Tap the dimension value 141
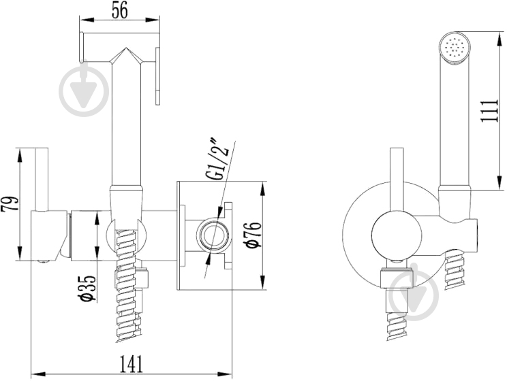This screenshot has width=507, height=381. point(132,364)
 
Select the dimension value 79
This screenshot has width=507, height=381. point(9,203)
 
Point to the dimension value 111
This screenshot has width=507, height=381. point(489,111)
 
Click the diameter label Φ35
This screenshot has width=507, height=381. point(89,288)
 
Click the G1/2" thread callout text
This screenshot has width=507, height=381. point(219,159)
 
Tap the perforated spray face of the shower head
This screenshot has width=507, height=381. point(456,48)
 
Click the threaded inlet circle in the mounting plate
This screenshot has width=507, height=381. point(211,235)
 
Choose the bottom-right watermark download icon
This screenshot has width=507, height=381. point(414,293)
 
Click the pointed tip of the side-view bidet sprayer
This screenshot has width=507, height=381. point(126,48)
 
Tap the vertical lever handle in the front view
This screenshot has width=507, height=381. point(397,181)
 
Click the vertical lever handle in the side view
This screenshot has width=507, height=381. point(42,180)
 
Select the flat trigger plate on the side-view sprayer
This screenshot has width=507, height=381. point(157,76)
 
